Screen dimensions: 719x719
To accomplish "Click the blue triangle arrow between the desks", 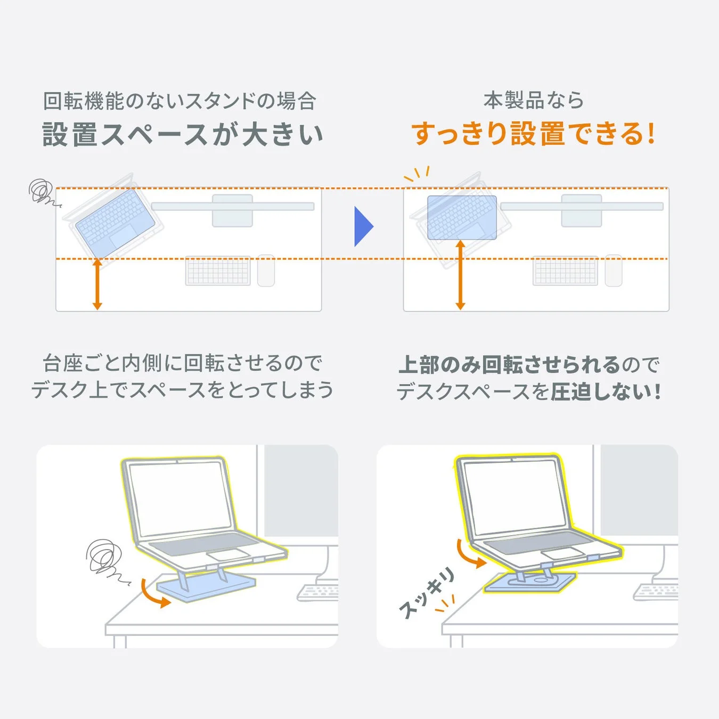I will pyautogui.click(x=363, y=226).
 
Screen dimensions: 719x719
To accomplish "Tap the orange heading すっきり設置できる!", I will pyautogui.click(x=533, y=134).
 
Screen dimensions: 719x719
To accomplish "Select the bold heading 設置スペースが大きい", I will pyautogui.click(x=183, y=134).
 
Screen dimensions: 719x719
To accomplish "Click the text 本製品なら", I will pyautogui.click(x=534, y=100).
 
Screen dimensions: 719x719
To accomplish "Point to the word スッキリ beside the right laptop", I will pyautogui.click(x=427, y=593).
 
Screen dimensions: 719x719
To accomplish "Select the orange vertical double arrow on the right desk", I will pyautogui.click(x=461, y=275).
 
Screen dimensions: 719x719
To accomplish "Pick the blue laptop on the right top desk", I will pyautogui.click(x=462, y=217).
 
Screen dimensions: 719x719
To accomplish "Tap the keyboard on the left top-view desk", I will pyautogui.click(x=218, y=271).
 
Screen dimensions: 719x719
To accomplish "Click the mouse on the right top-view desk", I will pyautogui.click(x=614, y=271).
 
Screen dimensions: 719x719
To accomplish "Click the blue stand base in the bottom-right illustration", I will pyautogui.click(x=533, y=583).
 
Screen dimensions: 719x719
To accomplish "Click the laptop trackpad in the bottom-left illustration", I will pyautogui.click(x=228, y=554).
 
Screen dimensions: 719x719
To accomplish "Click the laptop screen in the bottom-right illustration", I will pyautogui.click(x=514, y=497).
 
